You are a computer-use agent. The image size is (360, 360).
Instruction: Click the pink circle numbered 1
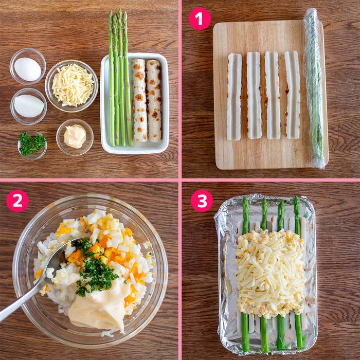coord(200,19)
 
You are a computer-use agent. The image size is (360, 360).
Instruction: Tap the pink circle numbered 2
coord(17,201)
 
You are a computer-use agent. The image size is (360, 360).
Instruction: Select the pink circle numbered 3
coord(202,201)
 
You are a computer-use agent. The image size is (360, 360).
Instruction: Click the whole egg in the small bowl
coord(28,69)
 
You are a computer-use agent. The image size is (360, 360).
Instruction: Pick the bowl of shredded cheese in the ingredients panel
coord(71,86)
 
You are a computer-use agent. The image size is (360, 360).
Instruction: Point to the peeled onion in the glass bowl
coord(29,106)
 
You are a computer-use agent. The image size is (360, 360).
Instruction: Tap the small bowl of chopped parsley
coord(32,145)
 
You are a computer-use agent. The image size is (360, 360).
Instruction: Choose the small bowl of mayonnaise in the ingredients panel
coord(75,137)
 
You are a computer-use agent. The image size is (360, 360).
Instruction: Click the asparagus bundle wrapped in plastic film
coord(314,88)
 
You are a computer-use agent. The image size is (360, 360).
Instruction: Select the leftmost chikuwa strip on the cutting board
coord(234,97)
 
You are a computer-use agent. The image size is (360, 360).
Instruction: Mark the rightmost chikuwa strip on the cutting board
coord(292,95)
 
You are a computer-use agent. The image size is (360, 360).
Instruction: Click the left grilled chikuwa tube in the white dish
coord(139,100)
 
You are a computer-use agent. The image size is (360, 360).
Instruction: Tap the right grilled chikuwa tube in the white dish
coord(154,101)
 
